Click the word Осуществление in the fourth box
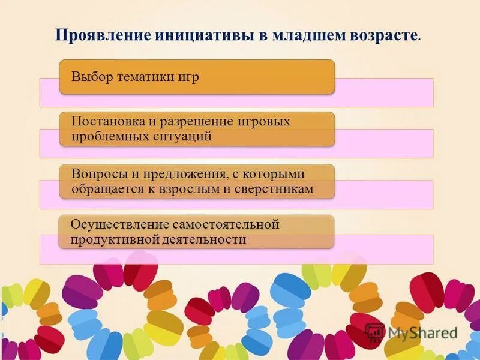click(120, 224)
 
